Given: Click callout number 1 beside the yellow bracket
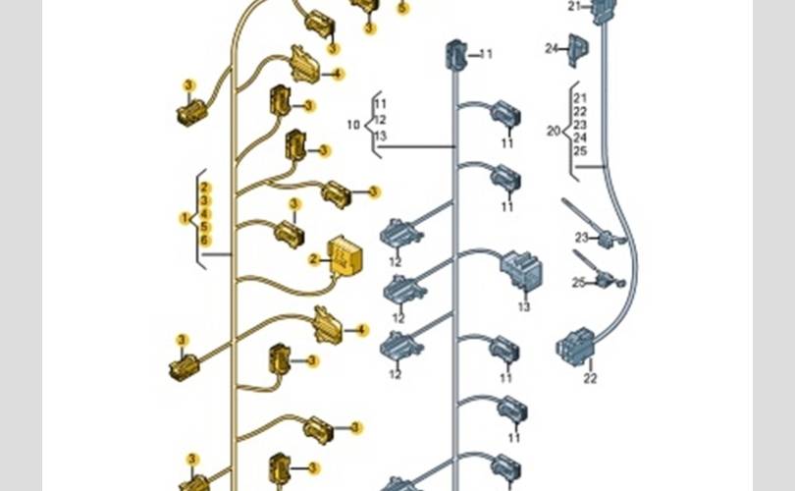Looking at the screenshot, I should pos(184,216).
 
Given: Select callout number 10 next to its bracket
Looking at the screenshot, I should pos(353,125).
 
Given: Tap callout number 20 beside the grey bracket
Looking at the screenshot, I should pos(554,131).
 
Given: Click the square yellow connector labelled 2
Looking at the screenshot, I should pos(344,256).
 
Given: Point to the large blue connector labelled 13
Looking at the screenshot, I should pos(521,270).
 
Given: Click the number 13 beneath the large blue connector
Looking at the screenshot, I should pos(524,307).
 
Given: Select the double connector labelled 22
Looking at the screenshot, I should pos(575,346).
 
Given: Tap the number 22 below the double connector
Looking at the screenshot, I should pos(590,378).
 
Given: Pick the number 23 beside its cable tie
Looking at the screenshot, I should pos(581,238).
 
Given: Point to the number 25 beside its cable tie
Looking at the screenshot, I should pos(579,283).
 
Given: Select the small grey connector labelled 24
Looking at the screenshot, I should pos(578,50).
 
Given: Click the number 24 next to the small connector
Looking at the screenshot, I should pos(552,47).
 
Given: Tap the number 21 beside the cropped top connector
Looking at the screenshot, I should pos(575,6).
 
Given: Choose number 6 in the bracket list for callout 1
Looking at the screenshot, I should pos(205,240).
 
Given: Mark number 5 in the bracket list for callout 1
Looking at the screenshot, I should pos(205,227).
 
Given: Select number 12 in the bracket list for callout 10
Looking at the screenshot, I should pos(381,120).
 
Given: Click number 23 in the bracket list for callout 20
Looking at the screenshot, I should pos(580,125).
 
